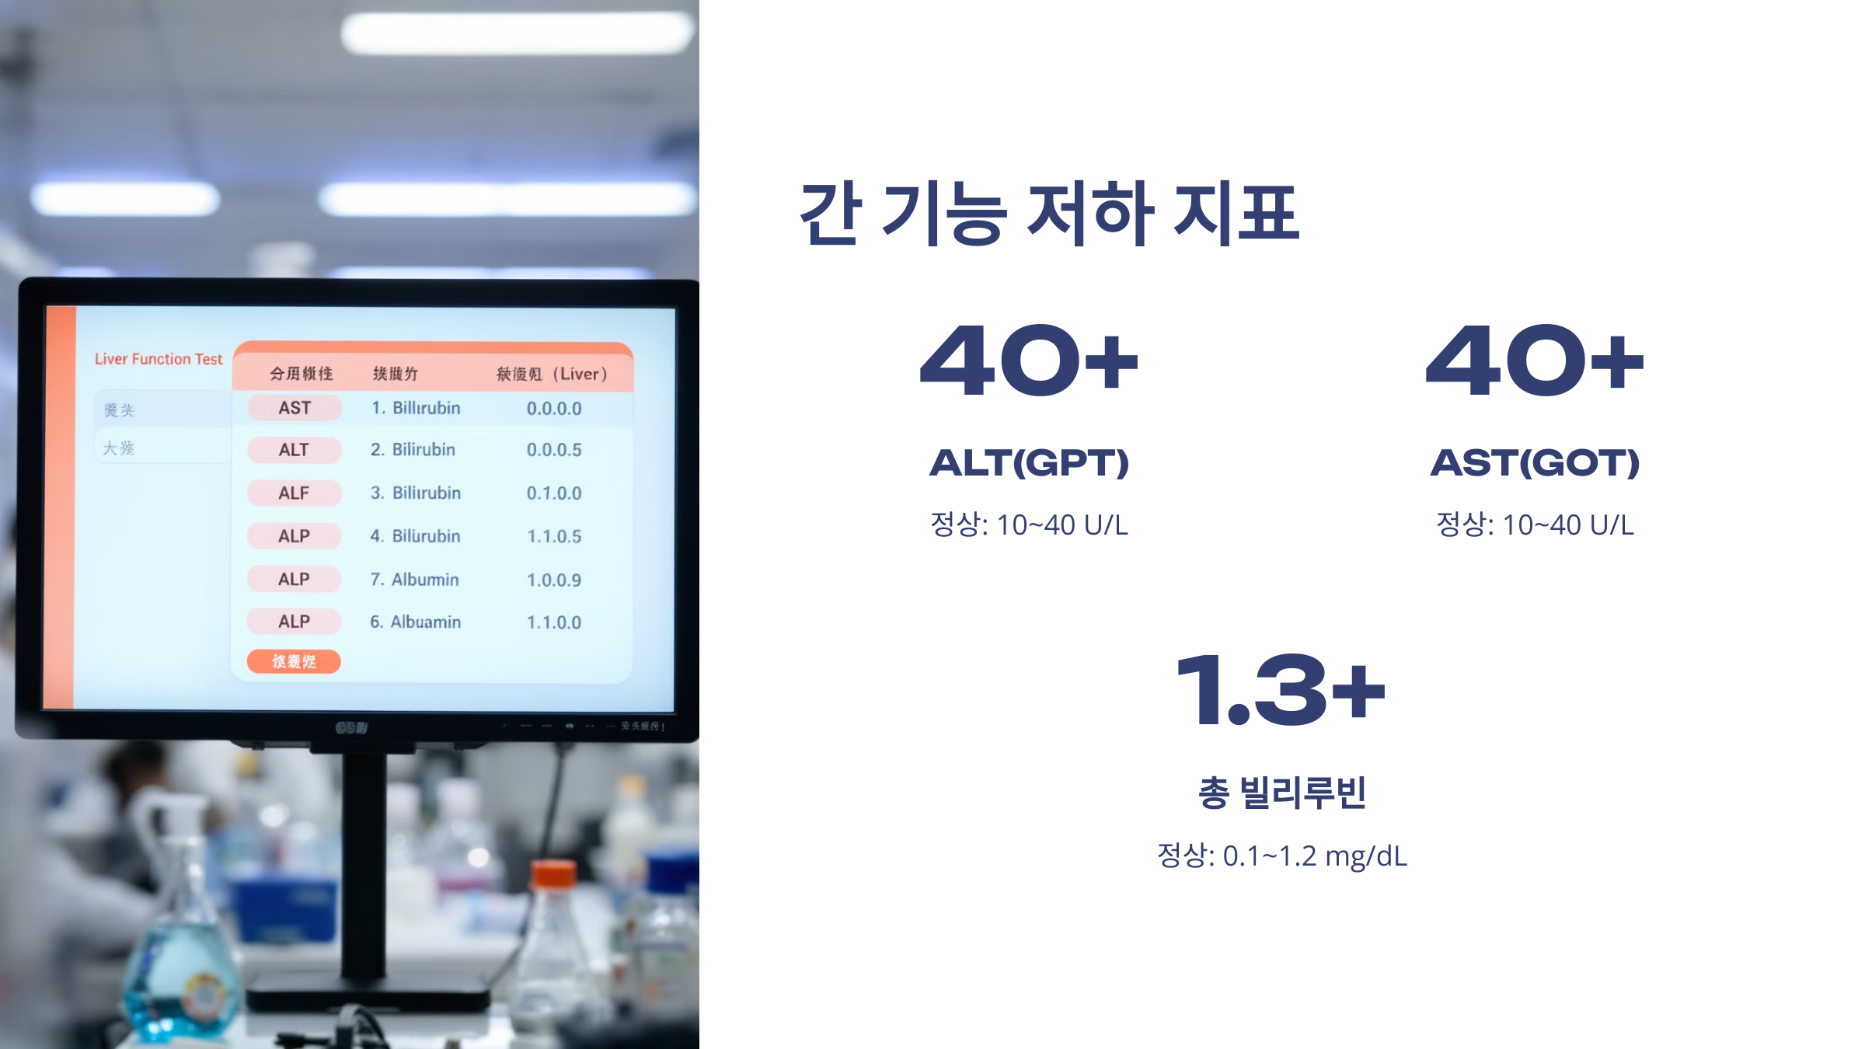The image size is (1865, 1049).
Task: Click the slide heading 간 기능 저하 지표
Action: tap(1049, 213)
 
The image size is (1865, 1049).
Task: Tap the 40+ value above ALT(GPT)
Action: tap(1029, 361)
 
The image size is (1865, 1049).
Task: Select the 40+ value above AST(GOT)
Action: tap(1535, 361)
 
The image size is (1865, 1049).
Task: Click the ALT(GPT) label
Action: tap(1029, 463)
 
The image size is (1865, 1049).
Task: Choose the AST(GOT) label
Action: tap(1535, 463)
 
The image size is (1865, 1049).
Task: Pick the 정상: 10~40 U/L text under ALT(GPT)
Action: tap(1029, 524)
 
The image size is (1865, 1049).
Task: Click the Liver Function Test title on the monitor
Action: tap(159, 359)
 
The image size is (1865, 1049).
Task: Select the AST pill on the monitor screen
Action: tap(295, 408)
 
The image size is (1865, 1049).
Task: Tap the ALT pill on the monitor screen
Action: tap(295, 450)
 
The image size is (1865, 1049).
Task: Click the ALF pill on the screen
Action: tap(295, 493)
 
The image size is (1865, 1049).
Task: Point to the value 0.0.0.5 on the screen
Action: tap(554, 450)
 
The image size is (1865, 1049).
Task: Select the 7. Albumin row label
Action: tap(415, 580)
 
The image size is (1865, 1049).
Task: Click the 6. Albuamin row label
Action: tap(416, 622)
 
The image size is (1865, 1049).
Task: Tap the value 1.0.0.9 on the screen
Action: tap(554, 580)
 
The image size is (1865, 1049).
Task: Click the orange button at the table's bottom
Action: tap(294, 661)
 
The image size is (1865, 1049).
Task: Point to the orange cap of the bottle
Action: tap(554, 875)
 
